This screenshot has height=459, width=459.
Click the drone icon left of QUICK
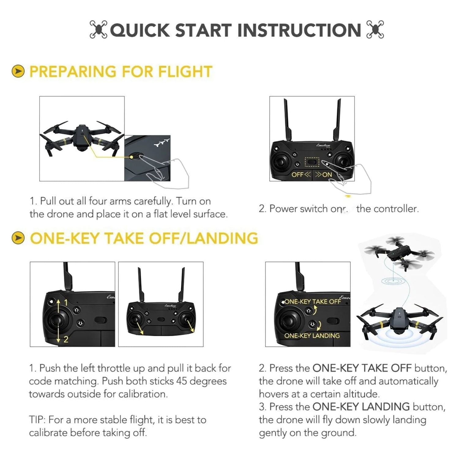pyautogui.click(x=98, y=30)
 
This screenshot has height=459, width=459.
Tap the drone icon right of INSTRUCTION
pyautogui.click(x=375, y=30)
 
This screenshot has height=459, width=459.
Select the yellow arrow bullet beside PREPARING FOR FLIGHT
pyautogui.click(x=18, y=71)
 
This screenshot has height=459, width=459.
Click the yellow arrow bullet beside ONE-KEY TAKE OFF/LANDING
pyautogui.click(x=18, y=238)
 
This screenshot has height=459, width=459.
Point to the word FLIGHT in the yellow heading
pyautogui.click(x=185, y=72)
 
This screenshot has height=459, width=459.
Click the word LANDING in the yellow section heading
pyautogui.click(x=223, y=238)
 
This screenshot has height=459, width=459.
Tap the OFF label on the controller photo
pyautogui.click(x=297, y=174)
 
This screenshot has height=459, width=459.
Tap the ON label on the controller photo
pyautogui.click(x=327, y=174)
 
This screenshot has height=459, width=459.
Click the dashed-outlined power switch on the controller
pyautogui.click(x=312, y=162)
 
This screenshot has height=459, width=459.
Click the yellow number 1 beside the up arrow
pyautogui.click(x=66, y=303)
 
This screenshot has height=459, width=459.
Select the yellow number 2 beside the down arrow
pyautogui.click(x=66, y=339)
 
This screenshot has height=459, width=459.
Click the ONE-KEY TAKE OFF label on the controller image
pyautogui.click(x=313, y=301)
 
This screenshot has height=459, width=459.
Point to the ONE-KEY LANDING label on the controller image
pyautogui.click(x=312, y=335)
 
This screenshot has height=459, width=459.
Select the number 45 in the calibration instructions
pyautogui.click(x=182, y=381)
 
